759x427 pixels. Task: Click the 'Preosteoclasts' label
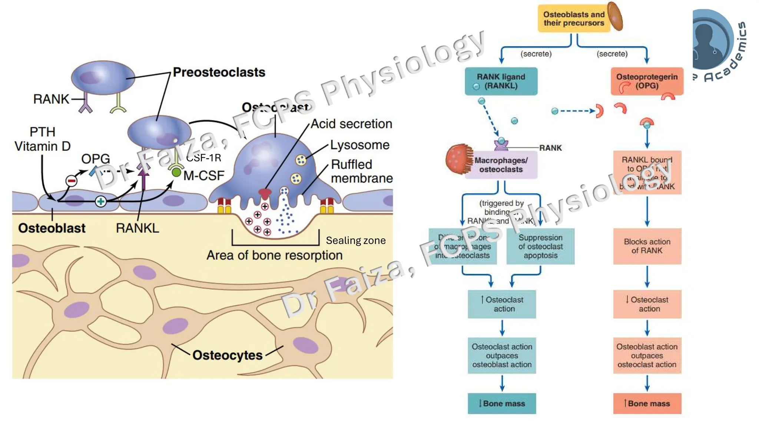click(219, 72)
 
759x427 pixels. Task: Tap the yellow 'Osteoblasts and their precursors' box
click(573, 19)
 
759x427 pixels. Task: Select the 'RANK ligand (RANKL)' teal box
click(501, 81)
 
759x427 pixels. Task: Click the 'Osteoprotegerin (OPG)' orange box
click(647, 81)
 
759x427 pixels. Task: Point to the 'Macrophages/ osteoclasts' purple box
click(501, 165)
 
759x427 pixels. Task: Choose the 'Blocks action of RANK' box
click(647, 246)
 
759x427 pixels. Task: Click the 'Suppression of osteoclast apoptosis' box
click(540, 246)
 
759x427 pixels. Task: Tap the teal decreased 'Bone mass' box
click(502, 403)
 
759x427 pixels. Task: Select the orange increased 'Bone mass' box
click(647, 403)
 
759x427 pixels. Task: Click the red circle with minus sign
click(71, 181)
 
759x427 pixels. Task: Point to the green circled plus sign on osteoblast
click(100, 201)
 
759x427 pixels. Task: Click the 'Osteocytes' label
click(227, 355)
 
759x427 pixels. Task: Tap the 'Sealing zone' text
click(356, 241)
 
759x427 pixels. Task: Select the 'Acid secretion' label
click(351, 124)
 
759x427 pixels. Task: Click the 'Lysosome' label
click(359, 145)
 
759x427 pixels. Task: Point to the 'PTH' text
click(42, 132)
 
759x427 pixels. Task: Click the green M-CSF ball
click(176, 172)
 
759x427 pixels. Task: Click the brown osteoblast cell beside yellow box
click(615, 16)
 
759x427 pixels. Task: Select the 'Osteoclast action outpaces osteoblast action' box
click(502, 355)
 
